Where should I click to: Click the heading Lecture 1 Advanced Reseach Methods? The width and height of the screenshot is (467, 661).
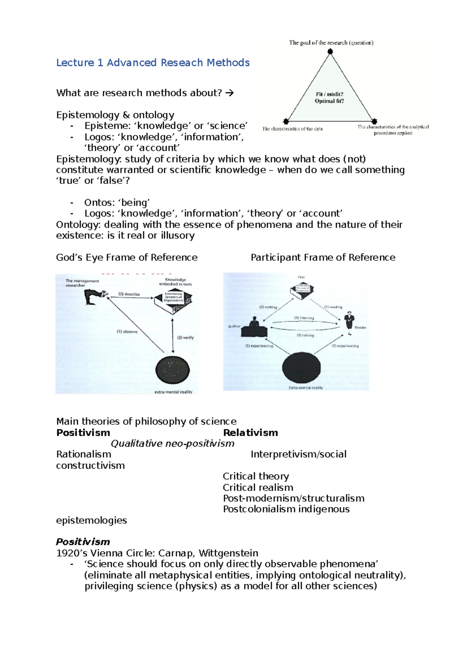click(x=153, y=63)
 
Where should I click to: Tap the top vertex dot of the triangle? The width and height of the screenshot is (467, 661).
click(x=330, y=51)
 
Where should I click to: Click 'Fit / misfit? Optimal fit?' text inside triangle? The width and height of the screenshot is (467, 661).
click(x=329, y=98)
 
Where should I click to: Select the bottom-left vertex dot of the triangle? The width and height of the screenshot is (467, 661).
click(x=286, y=121)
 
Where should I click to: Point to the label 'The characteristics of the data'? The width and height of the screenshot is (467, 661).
click(x=292, y=129)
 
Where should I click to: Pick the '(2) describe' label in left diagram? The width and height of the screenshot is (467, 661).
click(x=129, y=294)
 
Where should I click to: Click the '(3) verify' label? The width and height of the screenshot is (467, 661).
click(x=185, y=338)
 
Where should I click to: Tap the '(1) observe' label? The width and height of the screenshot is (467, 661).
click(x=127, y=332)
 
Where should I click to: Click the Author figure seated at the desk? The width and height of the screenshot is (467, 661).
click(x=254, y=328)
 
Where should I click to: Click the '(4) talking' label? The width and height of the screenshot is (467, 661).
click(x=305, y=335)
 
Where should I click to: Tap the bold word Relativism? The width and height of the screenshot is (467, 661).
click(x=251, y=433)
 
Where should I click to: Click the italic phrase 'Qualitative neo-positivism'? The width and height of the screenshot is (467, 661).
click(x=172, y=444)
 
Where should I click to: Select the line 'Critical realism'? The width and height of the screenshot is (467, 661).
click(x=258, y=487)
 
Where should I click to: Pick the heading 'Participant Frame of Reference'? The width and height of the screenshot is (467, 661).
click(x=323, y=258)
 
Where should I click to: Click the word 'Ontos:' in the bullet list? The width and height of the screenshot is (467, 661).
click(x=95, y=203)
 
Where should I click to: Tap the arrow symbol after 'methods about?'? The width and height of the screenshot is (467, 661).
click(x=230, y=93)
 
